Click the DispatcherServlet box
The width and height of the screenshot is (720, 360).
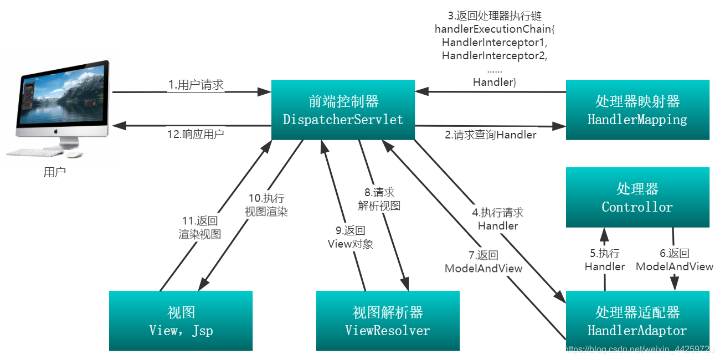pos(343,110)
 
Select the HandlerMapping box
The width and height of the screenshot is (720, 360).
pos(637,110)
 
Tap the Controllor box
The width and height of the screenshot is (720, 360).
pos(637,198)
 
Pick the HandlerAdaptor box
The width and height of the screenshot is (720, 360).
pos(637,321)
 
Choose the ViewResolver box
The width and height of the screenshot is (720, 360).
pos(388,321)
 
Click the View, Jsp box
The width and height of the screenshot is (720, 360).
pos(181,321)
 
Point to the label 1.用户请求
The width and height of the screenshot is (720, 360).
pos(196,85)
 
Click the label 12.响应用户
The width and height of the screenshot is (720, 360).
pos(196,134)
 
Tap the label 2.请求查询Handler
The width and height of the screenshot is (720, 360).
pos(491,135)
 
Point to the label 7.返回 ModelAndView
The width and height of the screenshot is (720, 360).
pos(484,262)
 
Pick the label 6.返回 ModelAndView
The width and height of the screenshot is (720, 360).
pos(674,260)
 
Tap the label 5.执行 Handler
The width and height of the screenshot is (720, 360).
pos(605,260)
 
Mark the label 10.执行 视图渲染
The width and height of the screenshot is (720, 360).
pos(266,205)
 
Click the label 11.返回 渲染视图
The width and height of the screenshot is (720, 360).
pos(200,228)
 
